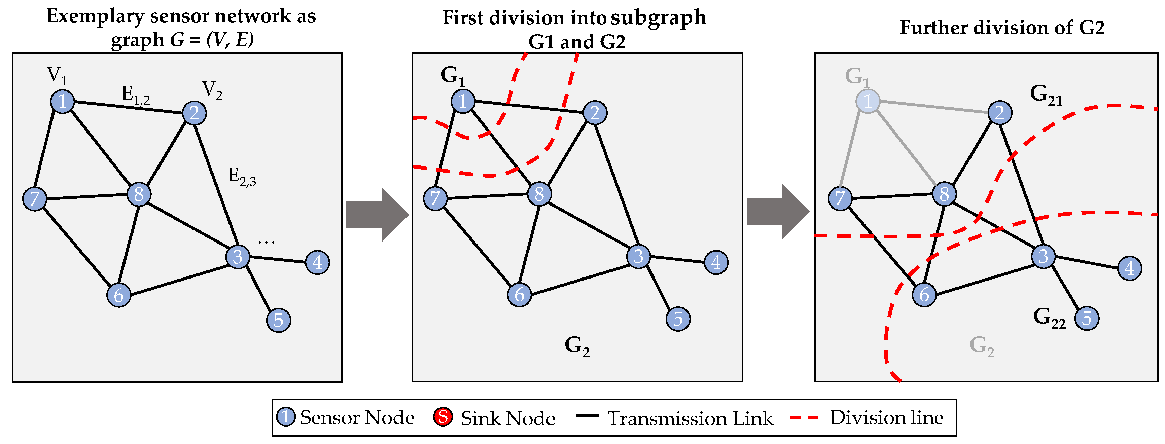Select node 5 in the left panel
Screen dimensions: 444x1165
[x=279, y=320]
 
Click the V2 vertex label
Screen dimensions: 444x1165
[x=212, y=90]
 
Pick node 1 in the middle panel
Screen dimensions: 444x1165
[x=463, y=101]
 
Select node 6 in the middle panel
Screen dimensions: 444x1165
[x=519, y=295]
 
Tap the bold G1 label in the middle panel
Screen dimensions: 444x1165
[x=453, y=76]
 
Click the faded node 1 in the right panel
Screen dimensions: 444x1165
[x=868, y=101]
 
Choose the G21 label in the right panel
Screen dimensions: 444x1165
[x=1046, y=95]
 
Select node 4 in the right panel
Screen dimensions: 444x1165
[x=1130, y=268]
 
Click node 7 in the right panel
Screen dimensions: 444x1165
[x=840, y=198]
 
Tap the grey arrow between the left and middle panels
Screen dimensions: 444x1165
[x=377, y=215]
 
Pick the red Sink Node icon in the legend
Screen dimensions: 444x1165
[x=443, y=417]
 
